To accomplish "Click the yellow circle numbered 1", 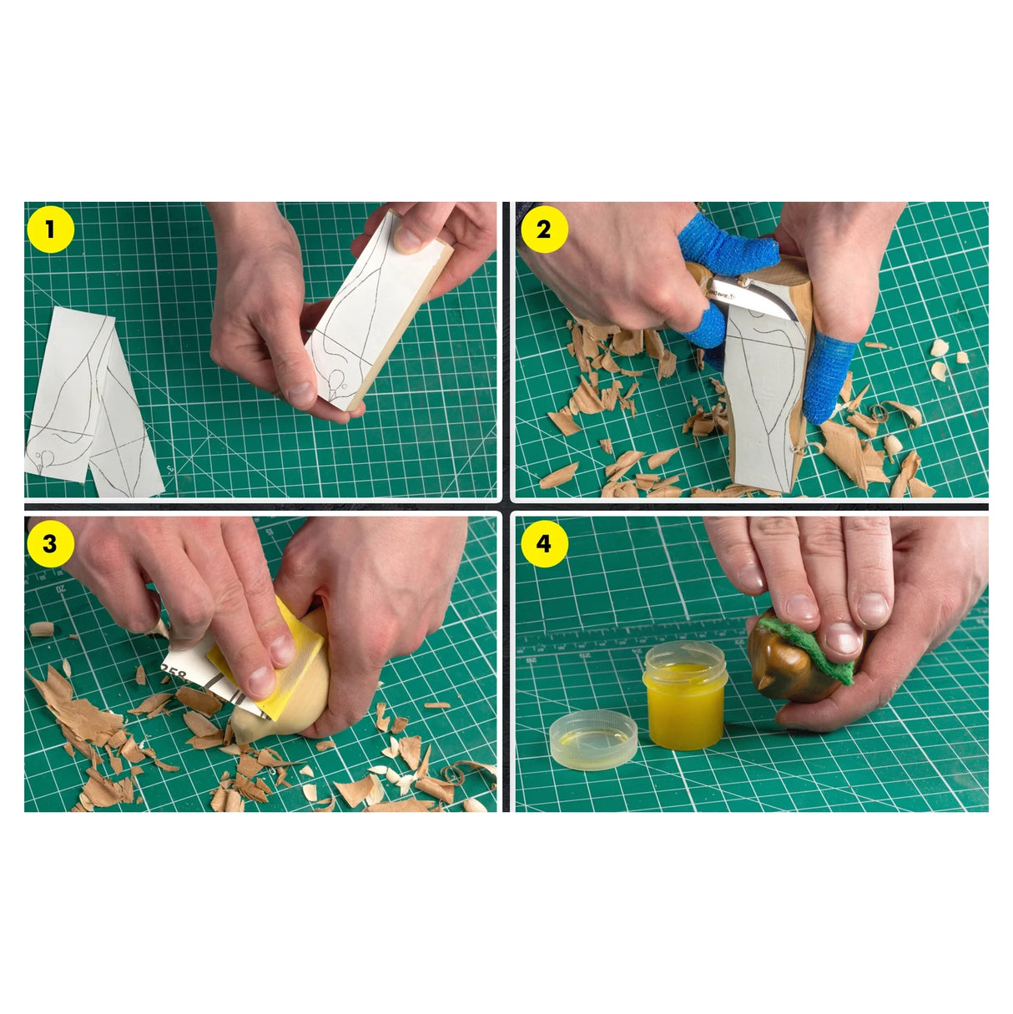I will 50,230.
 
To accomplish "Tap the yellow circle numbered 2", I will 544,230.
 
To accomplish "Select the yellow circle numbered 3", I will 50,543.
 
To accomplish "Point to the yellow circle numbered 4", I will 544,543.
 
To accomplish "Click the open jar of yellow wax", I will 685,697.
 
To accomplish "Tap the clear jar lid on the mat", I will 594,739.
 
